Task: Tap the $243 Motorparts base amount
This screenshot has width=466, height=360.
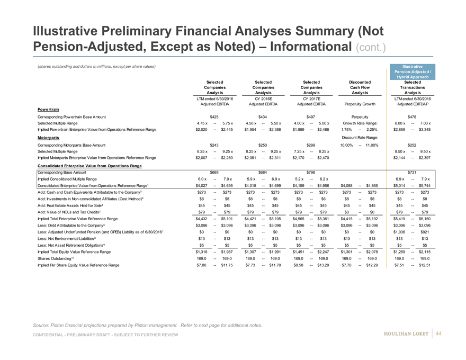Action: [x=214, y=144]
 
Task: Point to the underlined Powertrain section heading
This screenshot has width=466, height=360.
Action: [x=48, y=108]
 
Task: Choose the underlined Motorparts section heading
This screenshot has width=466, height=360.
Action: [x=48, y=137]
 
